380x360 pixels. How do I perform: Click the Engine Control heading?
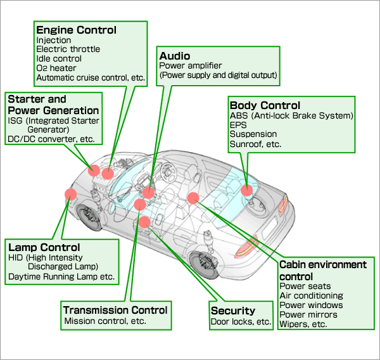coord(76,30)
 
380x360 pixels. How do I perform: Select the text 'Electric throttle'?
coord(68,49)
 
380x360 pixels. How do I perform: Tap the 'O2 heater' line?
coord(56,68)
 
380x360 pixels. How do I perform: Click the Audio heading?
coord(175,56)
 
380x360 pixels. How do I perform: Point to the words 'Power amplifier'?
coord(190,65)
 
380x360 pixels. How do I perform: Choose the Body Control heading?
coord(265,105)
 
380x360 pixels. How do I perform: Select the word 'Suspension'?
coord(253,134)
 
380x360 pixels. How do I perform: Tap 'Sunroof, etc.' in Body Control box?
coord(255,144)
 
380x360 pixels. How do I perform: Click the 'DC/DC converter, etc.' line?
coord(50,139)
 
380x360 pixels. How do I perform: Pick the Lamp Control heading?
coord(44,247)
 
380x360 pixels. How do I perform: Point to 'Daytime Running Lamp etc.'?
coord(61,277)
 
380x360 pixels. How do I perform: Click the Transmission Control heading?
coord(115,310)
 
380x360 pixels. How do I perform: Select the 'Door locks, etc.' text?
coord(241,321)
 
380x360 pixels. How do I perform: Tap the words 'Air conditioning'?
coord(311,295)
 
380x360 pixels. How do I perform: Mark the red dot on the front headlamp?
coord(70,195)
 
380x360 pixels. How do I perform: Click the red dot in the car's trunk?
coord(246,190)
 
